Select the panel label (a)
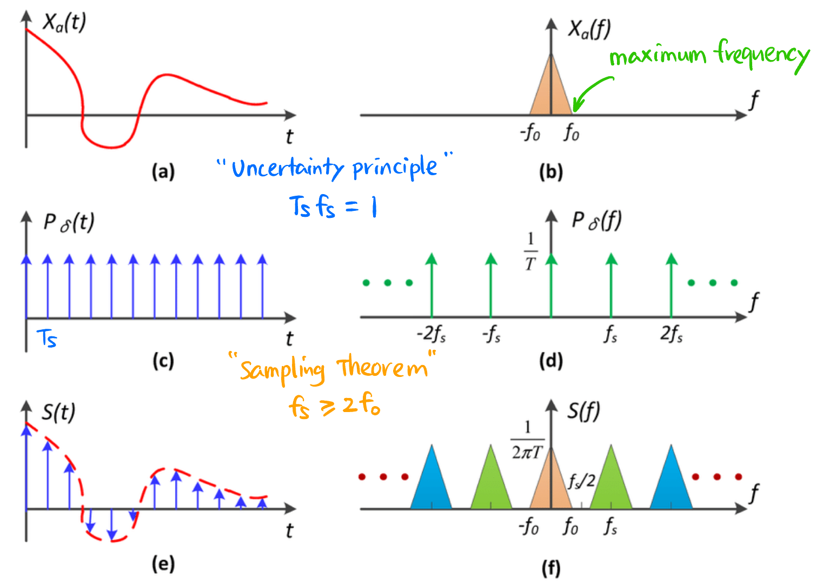163,172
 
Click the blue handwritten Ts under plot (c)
47,339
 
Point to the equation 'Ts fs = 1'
333,207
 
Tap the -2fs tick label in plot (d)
431,334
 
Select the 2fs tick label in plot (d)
671,334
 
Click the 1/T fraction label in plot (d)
530,251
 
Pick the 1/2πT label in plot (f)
527,441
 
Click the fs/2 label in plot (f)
582,481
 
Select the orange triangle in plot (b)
550,89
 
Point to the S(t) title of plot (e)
58,412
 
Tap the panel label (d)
551,361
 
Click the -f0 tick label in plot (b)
530,132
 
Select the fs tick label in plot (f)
611,526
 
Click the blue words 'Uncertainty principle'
334,168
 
